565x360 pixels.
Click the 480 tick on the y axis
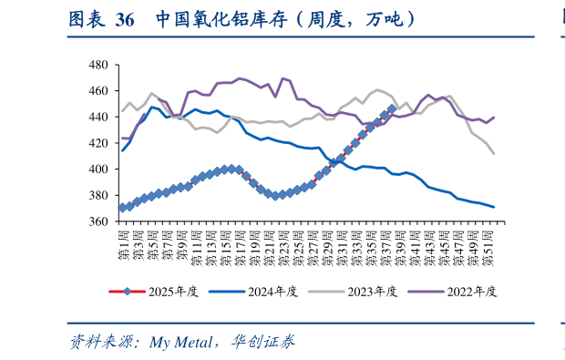click(x=98, y=66)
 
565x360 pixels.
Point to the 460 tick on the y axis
click(x=98, y=91)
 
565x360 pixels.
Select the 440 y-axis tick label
click(x=98, y=118)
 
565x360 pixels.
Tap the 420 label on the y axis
click(x=98, y=143)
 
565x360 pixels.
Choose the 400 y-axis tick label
click(x=98, y=170)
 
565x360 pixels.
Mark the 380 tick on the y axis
click(x=98, y=195)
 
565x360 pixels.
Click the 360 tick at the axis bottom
click(x=98, y=221)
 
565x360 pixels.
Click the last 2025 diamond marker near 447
click(x=391, y=108)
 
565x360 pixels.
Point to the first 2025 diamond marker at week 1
click(x=123, y=208)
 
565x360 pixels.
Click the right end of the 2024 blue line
click(x=494, y=207)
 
